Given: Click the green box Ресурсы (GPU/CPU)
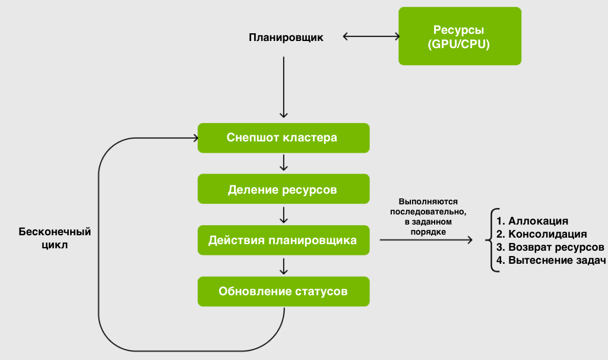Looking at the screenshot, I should coord(459,36).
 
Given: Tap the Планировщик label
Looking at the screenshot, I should coord(286,37).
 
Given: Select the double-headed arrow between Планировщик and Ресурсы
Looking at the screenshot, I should coord(372,36).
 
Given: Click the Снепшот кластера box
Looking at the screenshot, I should coord(283,138).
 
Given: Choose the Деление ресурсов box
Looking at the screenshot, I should coord(283,190).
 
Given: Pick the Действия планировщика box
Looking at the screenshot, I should coord(283,240).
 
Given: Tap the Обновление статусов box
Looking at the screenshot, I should coord(283,292).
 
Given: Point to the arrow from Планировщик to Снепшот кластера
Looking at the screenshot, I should coord(284,87).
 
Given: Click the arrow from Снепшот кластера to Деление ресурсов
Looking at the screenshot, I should coord(284,163).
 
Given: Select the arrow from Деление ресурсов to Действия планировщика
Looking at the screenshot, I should coord(284,214).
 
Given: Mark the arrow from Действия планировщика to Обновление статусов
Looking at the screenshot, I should coord(284,266).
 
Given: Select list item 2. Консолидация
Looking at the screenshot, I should coord(541,234).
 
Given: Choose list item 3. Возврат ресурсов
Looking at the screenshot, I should coord(550,247).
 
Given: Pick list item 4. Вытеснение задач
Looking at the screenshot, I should coord(550,260).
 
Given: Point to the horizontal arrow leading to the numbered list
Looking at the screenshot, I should coord(426,240).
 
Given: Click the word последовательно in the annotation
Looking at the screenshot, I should coord(428,212).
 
